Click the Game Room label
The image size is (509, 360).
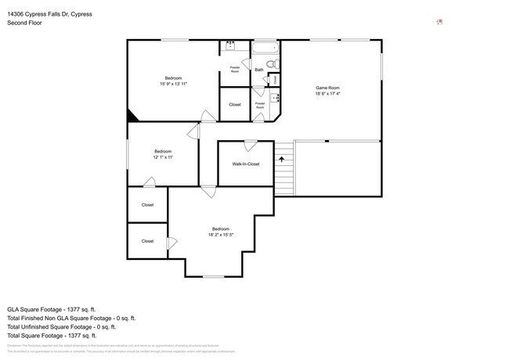click(x=327, y=87)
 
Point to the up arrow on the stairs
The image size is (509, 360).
click(x=280, y=159)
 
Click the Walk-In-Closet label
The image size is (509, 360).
click(x=245, y=164)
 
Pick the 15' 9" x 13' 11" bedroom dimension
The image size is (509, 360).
click(x=173, y=83)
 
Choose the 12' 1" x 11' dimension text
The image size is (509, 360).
click(x=163, y=157)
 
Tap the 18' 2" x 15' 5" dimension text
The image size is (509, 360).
click(x=221, y=235)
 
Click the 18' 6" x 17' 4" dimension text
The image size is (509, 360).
click(x=327, y=93)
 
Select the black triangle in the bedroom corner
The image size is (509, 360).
click(x=132, y=116)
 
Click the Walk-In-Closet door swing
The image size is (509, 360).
click(x=250, y=145)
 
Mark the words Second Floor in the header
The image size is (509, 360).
click(x=25, y=23)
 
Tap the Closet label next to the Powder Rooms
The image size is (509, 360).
click(x=235, y=104)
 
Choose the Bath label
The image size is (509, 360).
click(x=259, y=70)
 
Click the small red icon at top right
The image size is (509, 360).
click(x=440, y=22)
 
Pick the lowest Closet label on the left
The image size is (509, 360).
click(x=147, y=241)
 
